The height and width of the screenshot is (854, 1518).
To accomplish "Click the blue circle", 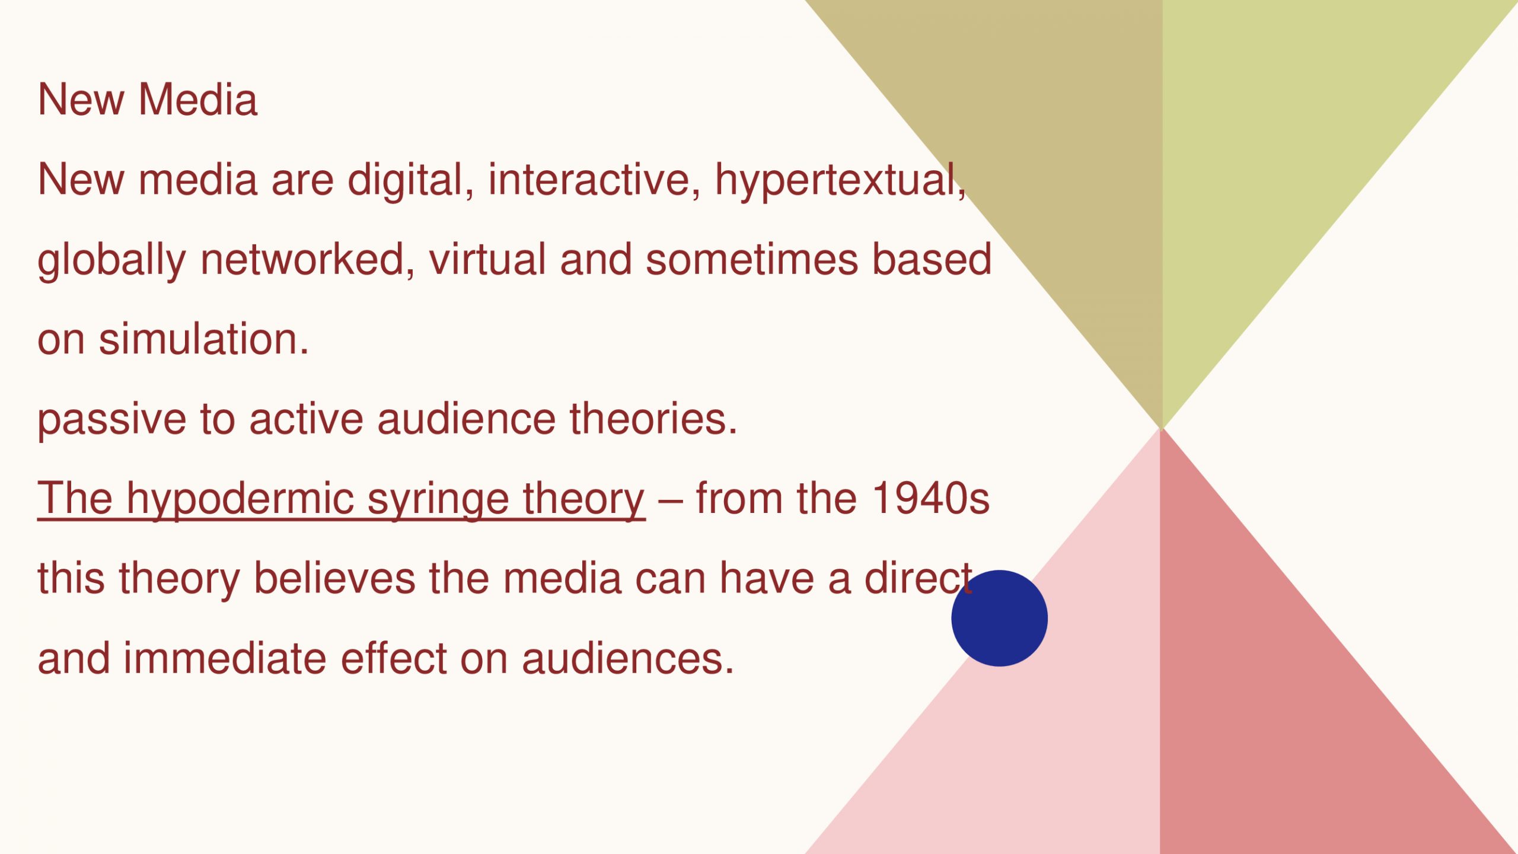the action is coord(999,618).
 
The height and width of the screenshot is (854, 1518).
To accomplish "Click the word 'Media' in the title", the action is coord(198,99).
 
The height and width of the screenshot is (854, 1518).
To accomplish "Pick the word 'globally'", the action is coord(111,260).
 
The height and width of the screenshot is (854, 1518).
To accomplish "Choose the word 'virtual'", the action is coord(487,259).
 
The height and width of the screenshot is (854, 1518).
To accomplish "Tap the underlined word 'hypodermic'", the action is coord(240,499).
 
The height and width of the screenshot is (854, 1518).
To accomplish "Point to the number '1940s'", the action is coord(931,498).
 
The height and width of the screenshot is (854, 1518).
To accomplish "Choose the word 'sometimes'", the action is coord(751,260).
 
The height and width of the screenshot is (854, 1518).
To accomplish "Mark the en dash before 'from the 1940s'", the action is coord(671,501).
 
